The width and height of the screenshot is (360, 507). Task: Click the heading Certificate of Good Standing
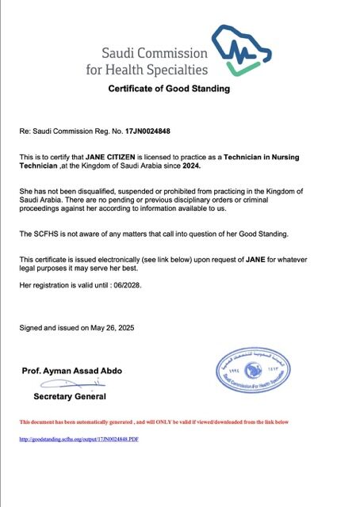click(169, 89)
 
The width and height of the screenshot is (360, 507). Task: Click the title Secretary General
click(69, 396)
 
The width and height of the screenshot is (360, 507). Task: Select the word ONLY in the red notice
click(173, 422)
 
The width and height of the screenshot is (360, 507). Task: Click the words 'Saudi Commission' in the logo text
click(155, 54)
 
